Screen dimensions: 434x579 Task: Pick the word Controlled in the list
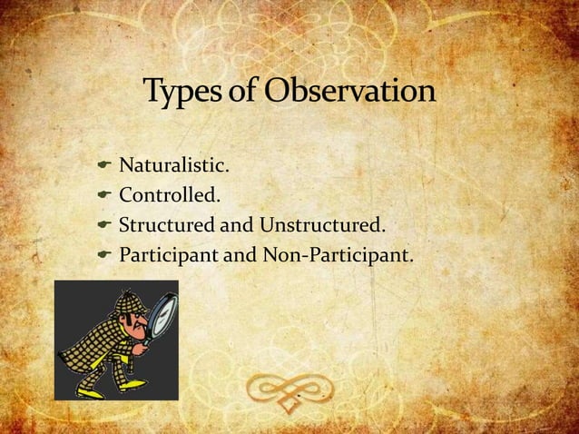tap(170, 192)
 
